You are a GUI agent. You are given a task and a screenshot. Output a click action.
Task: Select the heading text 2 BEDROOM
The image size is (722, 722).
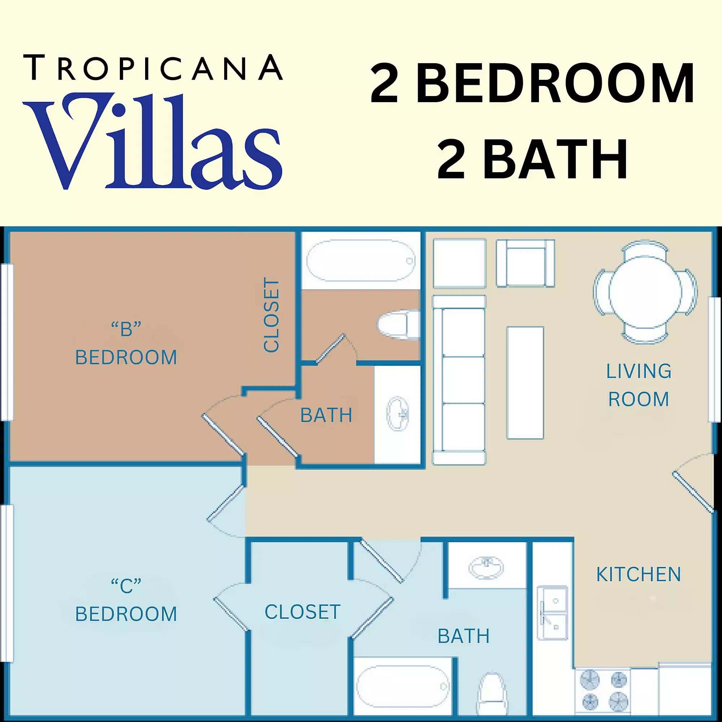532,84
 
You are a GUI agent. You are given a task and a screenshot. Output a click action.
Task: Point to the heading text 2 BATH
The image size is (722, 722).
532,160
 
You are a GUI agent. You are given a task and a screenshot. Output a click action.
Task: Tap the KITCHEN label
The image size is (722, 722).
638,575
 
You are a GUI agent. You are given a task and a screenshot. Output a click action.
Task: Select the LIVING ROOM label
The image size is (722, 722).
638,385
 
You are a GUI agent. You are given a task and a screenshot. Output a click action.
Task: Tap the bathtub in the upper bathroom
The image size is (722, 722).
361,261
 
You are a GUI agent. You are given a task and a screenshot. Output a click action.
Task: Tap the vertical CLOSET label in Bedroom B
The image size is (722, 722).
272,315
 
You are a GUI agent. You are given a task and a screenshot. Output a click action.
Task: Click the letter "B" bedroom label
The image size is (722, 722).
126,344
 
